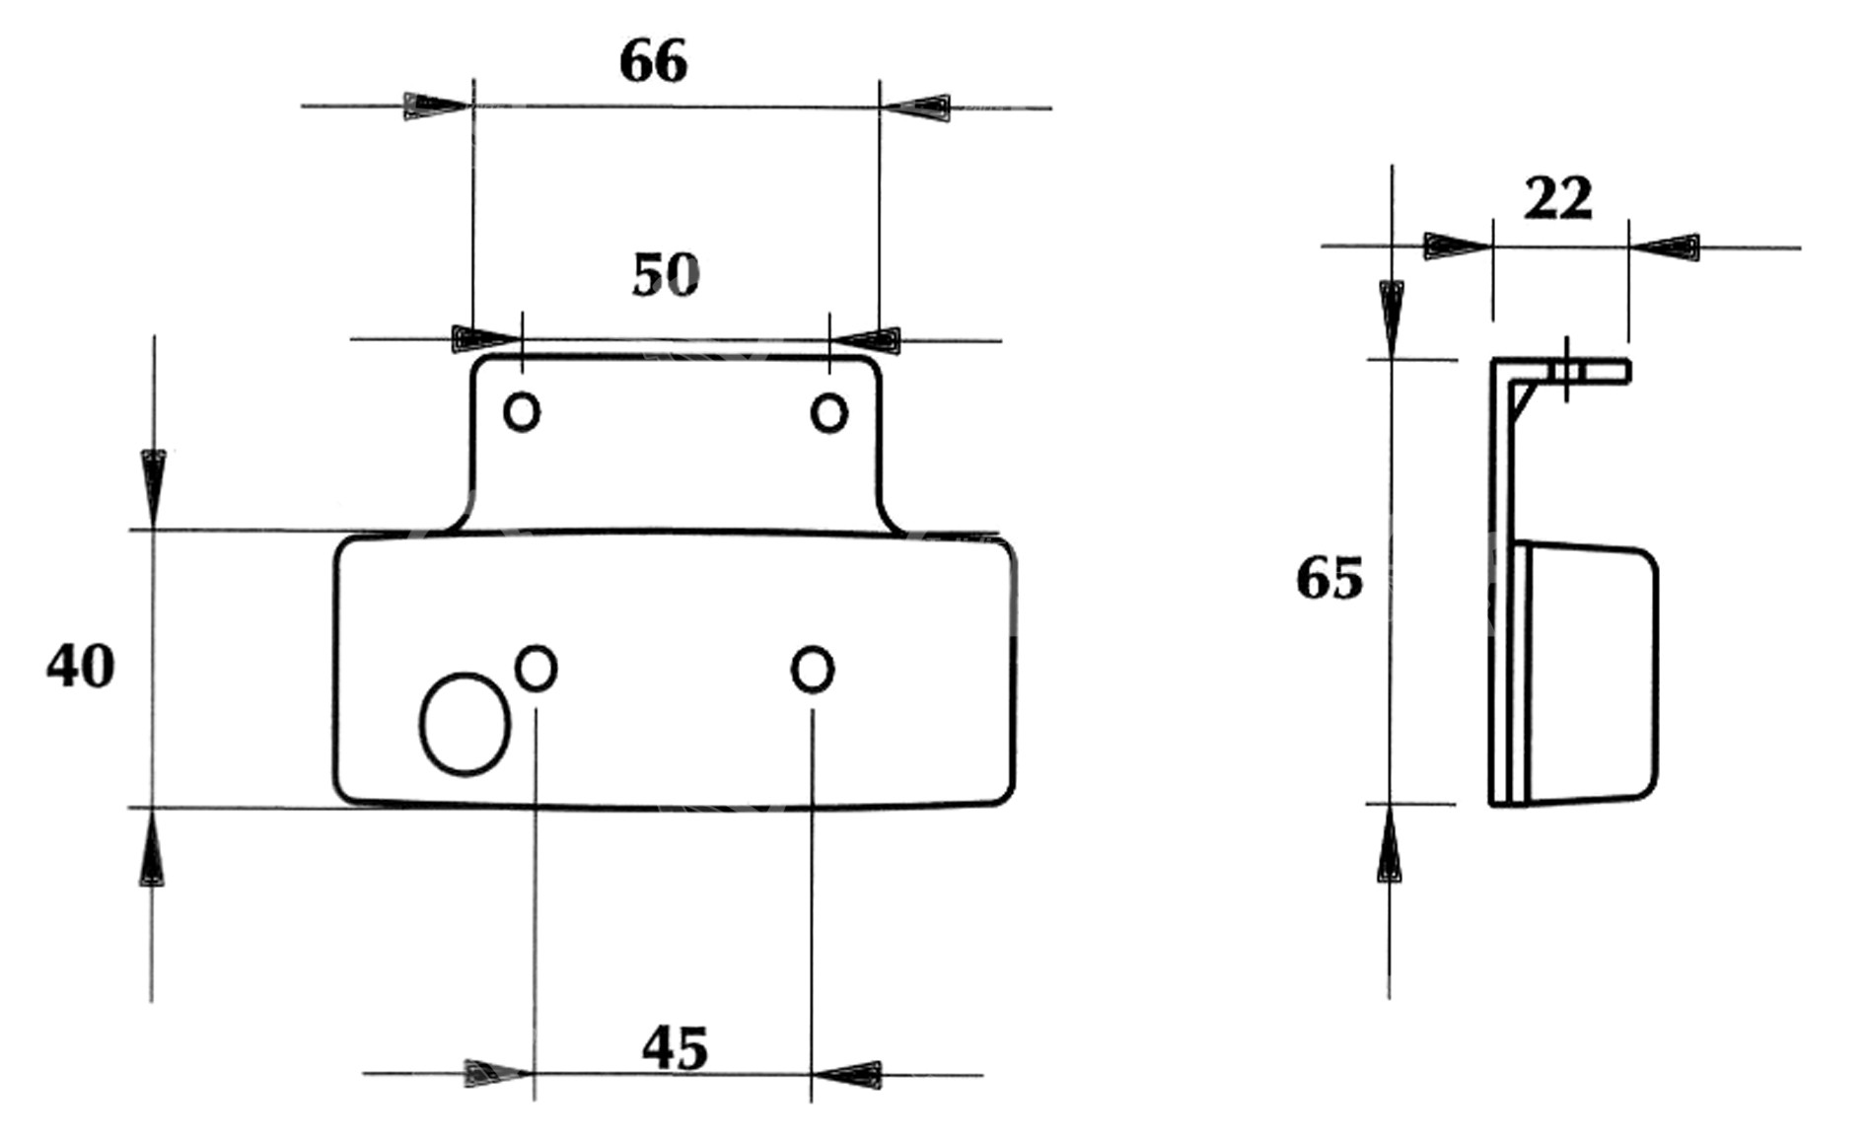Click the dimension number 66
click(653, 61)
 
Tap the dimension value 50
click(666, 275)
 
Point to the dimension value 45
click(676, 1048)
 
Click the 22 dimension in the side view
click(1558, 198)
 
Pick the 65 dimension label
click(1329, 578)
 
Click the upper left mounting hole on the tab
click(522, 411)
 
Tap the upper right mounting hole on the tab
click(828, 412)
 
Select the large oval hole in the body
click(465, 725)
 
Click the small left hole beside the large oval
click(537, 669)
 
